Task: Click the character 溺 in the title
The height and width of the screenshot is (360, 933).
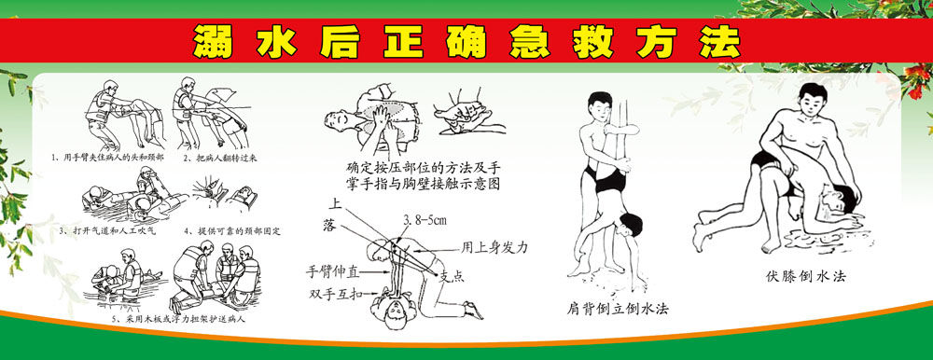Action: (215, 40)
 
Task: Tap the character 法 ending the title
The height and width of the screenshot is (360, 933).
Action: (718, 40)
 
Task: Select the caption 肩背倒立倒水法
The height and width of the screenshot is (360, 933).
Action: (619, 307)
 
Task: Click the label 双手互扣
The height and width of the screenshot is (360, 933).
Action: (339, 295)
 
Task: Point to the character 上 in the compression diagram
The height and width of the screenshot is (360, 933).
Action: (333, 202)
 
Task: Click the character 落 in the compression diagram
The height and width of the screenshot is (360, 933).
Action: (328, 226)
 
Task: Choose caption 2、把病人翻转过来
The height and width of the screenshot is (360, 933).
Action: (220, 159)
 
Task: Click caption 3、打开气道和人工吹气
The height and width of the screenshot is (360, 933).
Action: (111, 229)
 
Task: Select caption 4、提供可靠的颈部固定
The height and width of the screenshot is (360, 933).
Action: (233, 229)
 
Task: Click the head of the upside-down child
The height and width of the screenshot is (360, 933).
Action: (632, 224)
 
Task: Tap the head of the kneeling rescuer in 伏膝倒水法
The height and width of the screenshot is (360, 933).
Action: (808, 100)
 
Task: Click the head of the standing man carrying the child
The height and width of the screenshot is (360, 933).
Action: (598, 104)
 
